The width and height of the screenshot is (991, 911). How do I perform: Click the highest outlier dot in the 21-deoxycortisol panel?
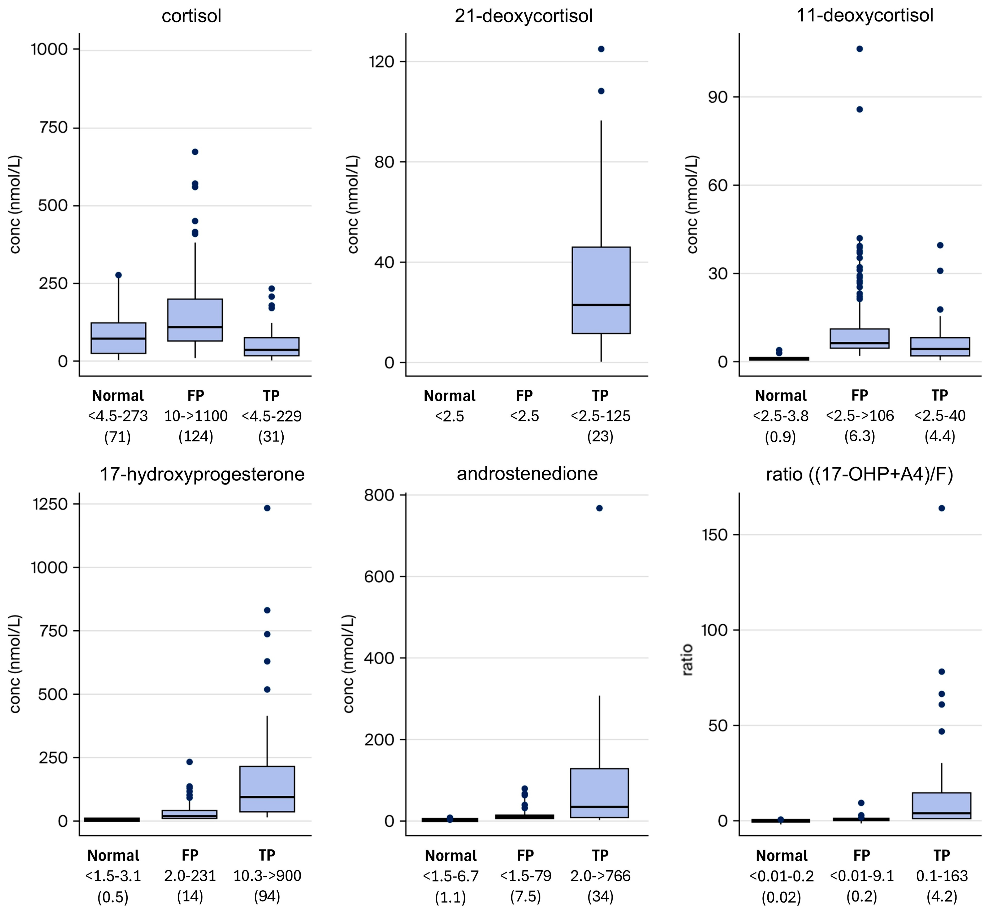pyautogui.click(x=601, y=49)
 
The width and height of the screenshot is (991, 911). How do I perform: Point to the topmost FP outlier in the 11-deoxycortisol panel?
pyautogui.click(x=859, y=49)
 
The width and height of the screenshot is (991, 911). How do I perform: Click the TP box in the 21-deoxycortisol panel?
pyautogui.click(x=601, y=290)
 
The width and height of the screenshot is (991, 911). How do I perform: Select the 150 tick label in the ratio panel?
pyautogui.click(x=714, y=535)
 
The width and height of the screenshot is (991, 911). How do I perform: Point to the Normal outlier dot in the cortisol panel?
pyautogui.click(x=118, y=275)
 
